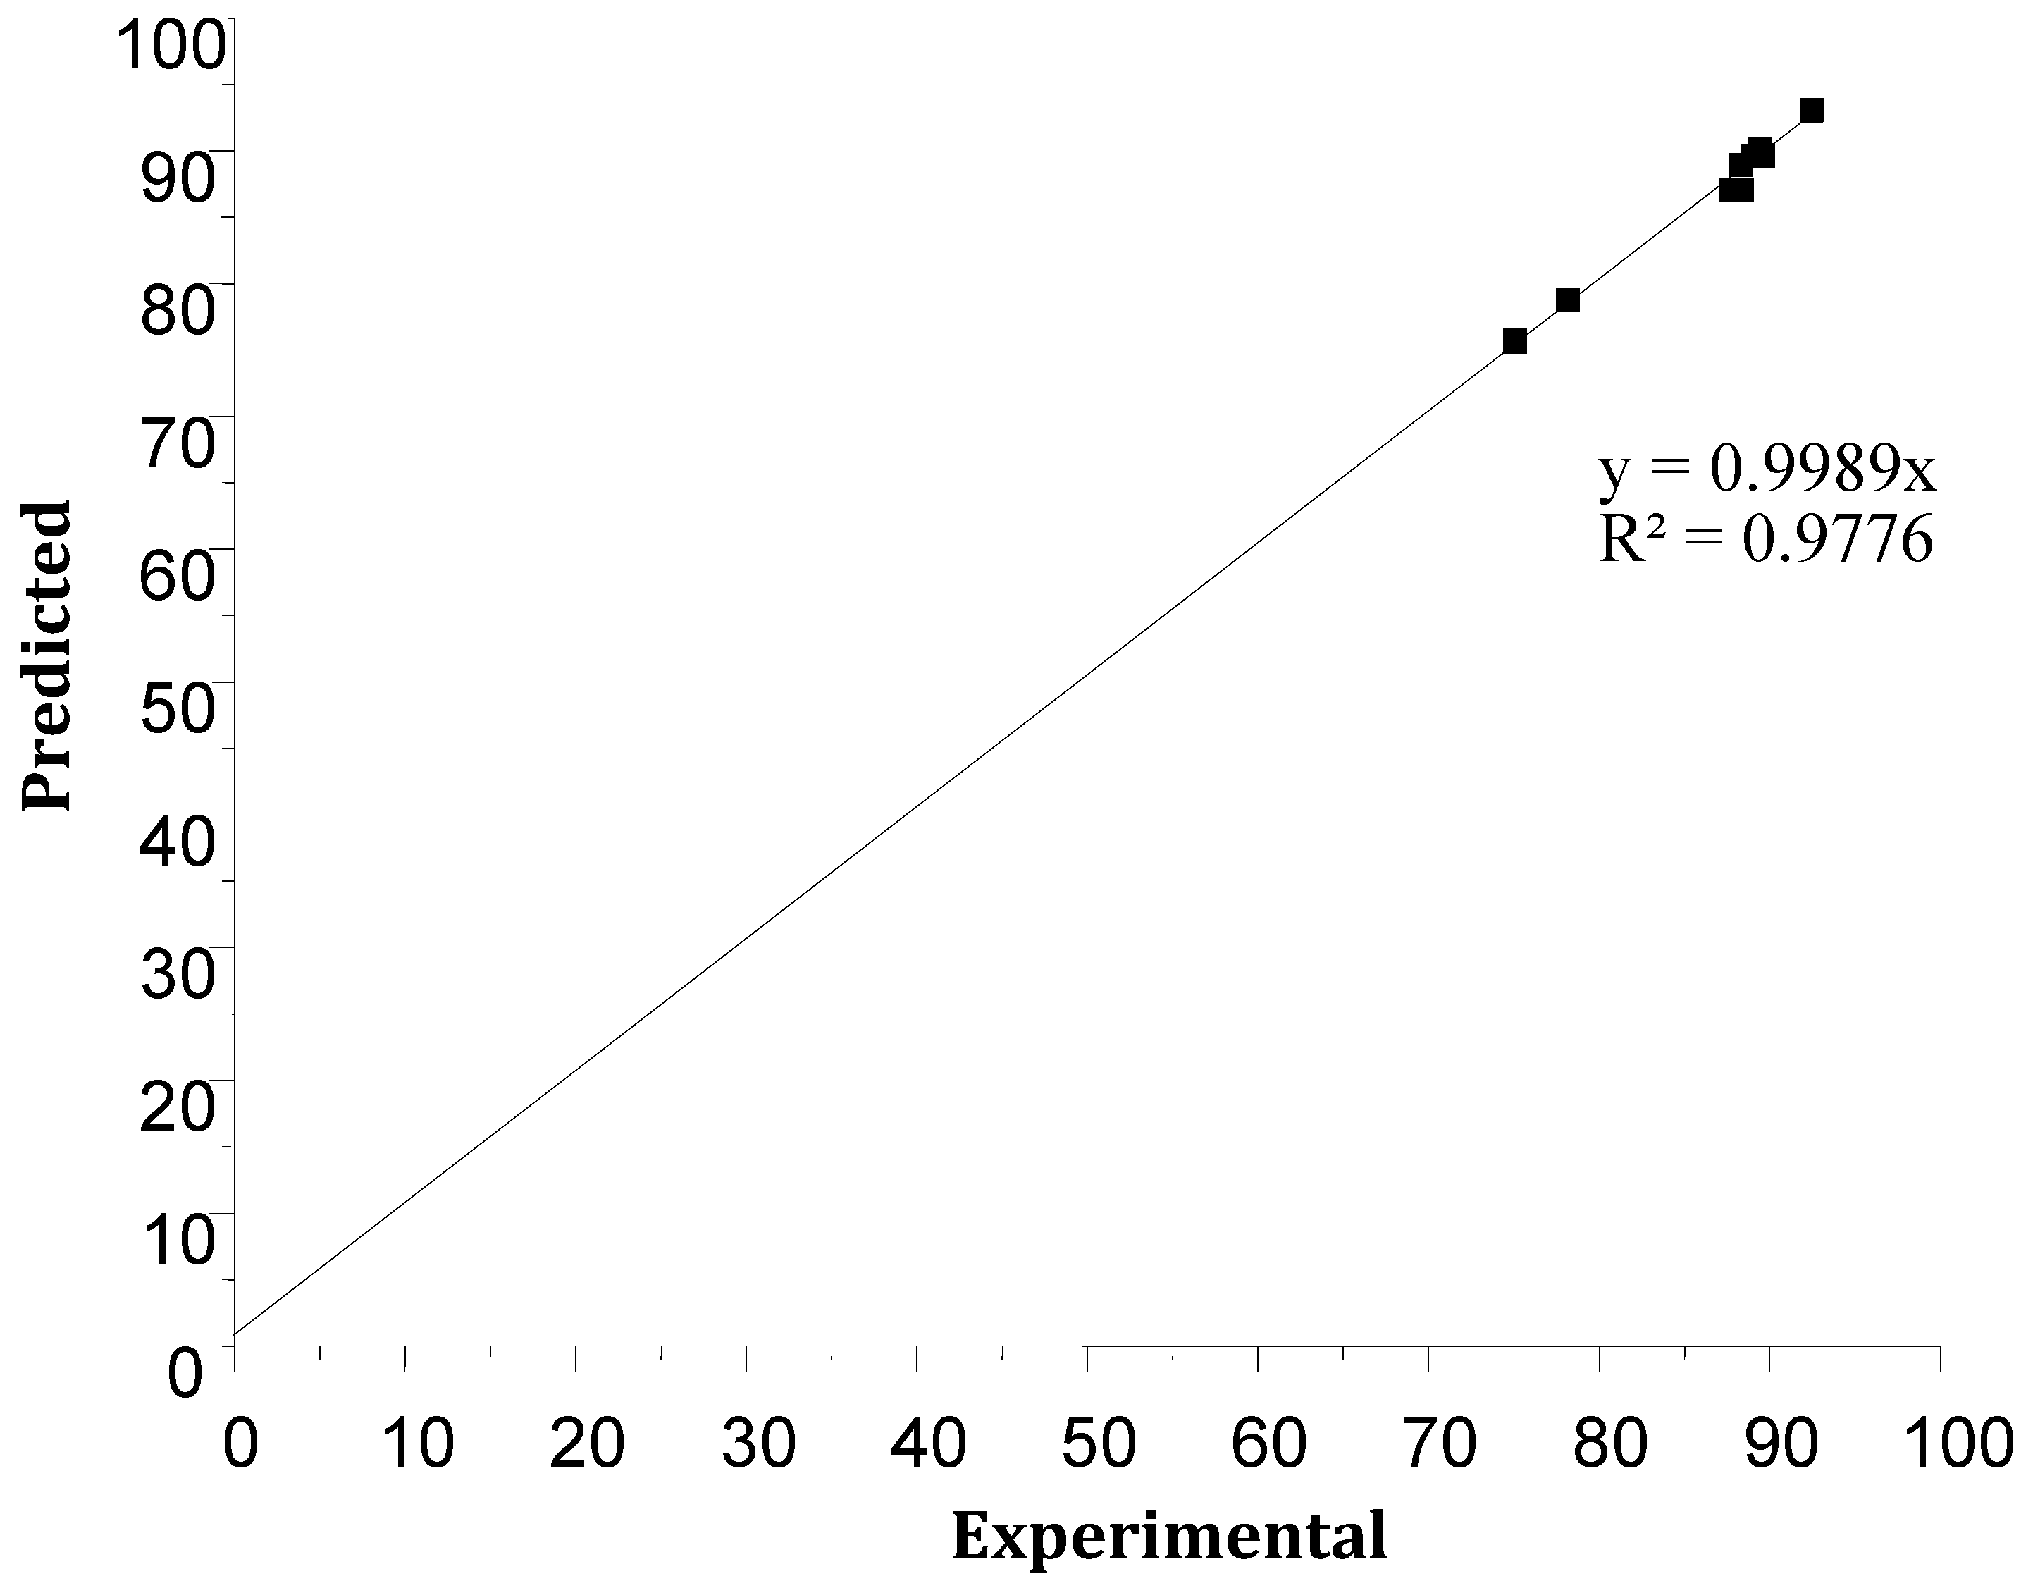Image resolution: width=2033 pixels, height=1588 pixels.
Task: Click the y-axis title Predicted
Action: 47,655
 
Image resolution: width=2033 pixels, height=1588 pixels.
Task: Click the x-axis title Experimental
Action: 1169,1536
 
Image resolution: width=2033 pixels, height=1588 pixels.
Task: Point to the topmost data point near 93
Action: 1810,111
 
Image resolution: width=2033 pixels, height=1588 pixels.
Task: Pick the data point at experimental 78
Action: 1568,300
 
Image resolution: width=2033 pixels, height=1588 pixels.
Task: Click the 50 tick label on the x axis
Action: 1099,1444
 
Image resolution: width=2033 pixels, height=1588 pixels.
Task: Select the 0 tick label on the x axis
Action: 240,1444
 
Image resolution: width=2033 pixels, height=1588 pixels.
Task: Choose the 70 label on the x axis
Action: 1441,1444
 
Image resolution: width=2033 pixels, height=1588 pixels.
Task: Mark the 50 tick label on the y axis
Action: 177,709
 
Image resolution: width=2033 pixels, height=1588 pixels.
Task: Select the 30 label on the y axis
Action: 177,975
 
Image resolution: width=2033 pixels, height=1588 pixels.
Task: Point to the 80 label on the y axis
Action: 177,310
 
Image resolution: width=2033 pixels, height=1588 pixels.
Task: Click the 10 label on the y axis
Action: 177,1240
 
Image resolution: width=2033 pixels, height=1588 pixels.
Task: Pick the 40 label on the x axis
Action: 928,1444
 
